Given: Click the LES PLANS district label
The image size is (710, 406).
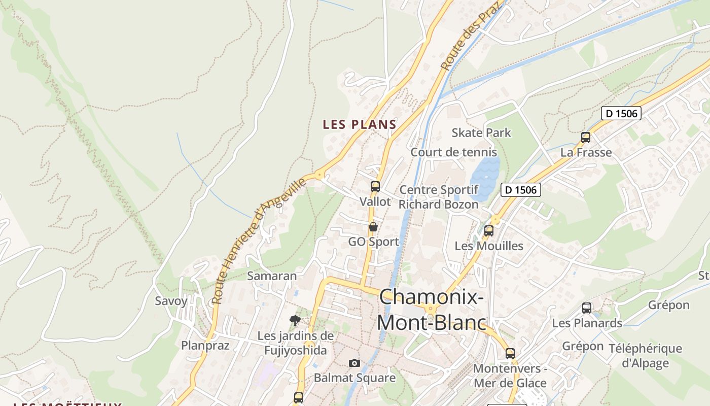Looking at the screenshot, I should [360, 124].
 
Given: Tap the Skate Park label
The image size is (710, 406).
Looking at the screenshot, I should [481, 133].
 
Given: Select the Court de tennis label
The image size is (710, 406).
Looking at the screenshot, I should [453, 152].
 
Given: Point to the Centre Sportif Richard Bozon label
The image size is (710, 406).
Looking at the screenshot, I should [439, 197].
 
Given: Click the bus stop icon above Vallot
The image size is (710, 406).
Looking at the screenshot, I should [375, 187].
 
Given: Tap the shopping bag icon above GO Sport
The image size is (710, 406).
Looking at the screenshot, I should [373, 227].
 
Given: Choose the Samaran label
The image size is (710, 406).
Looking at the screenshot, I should [272, 276].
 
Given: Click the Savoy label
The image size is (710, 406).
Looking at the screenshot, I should [171, 301].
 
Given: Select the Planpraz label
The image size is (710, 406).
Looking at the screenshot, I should [205, 346].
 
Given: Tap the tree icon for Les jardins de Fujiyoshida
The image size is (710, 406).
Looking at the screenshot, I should [295, 320].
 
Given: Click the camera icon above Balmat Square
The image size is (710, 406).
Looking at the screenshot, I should [354, 363].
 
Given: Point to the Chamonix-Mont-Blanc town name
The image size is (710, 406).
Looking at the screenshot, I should [431, 309].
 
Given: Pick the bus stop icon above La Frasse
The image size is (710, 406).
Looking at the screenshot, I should [586, 138].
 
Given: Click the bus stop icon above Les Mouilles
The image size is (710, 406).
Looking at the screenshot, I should [489, 231].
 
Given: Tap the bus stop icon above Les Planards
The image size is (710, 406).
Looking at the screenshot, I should [587, 308].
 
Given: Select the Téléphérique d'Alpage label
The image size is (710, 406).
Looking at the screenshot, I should [645, 355].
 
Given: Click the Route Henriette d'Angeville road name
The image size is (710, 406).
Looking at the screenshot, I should [259, 241].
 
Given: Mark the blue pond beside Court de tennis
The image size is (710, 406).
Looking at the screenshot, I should [484, 178].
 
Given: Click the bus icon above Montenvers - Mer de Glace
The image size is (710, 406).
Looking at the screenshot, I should [510, 354].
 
